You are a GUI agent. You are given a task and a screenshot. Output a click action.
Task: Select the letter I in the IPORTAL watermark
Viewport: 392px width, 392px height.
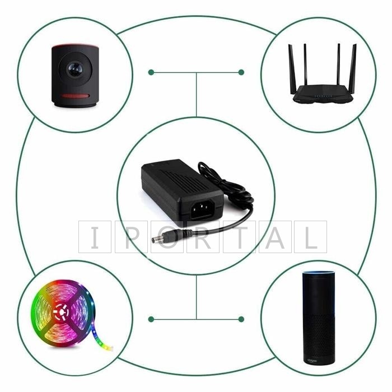point(95,236)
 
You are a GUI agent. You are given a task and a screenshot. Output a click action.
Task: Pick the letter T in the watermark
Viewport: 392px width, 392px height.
point(238,236)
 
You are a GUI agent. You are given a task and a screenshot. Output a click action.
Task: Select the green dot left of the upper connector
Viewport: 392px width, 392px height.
point(151,72)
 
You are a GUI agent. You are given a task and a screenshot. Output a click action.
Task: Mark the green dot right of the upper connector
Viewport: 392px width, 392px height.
point(241,72)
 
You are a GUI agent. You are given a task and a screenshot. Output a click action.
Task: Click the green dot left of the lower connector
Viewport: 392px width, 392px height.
point(151,319)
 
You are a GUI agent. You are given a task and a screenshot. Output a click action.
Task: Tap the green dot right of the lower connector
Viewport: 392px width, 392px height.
point(241,319)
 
